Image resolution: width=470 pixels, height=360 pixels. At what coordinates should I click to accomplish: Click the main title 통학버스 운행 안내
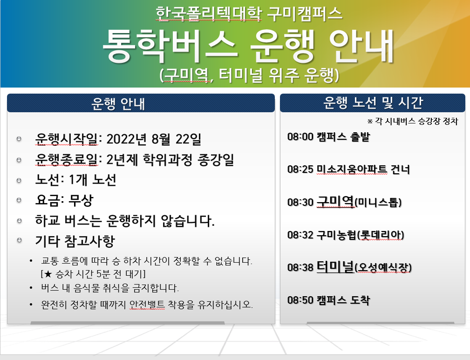[x=248, y=46]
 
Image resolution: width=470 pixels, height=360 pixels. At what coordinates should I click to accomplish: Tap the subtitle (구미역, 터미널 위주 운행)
[x=249, y=75]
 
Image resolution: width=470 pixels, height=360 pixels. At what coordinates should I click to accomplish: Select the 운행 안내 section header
[x=118, y=104]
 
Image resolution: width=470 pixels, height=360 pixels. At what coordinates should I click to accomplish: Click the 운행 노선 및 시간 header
[x=373, y=103]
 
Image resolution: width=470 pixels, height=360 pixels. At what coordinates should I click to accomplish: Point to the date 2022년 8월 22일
[x=153, y=139]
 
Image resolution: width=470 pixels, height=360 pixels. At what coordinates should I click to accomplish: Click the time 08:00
[x=300, y=136]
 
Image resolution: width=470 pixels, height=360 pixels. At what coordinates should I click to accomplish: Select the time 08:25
[x=300, y=170]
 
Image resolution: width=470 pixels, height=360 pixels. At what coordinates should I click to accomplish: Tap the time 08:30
[x=300, y=202]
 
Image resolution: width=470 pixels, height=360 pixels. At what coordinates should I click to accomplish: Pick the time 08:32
[x=300, y=235]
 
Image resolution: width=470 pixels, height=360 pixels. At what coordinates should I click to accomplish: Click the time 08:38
[x=300, y=267]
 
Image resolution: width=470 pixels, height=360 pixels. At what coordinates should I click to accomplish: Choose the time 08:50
[x=300, y=300]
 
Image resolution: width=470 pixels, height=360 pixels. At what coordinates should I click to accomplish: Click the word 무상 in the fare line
[x=81, y=200]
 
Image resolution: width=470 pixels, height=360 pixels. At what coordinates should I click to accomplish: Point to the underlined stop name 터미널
[x=335, y=266]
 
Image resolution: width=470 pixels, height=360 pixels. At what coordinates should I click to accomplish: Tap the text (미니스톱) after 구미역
[x=378, y=203]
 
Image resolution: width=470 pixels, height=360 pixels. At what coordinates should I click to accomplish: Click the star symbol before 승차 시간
[x=48, y=274]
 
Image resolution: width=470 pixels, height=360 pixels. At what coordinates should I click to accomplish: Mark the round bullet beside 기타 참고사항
[x=19, y=240]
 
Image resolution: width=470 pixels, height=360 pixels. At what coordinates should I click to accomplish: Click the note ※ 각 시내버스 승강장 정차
[x=413, y=122]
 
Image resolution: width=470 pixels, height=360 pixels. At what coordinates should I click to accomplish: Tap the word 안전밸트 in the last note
[x=147, y=305]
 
